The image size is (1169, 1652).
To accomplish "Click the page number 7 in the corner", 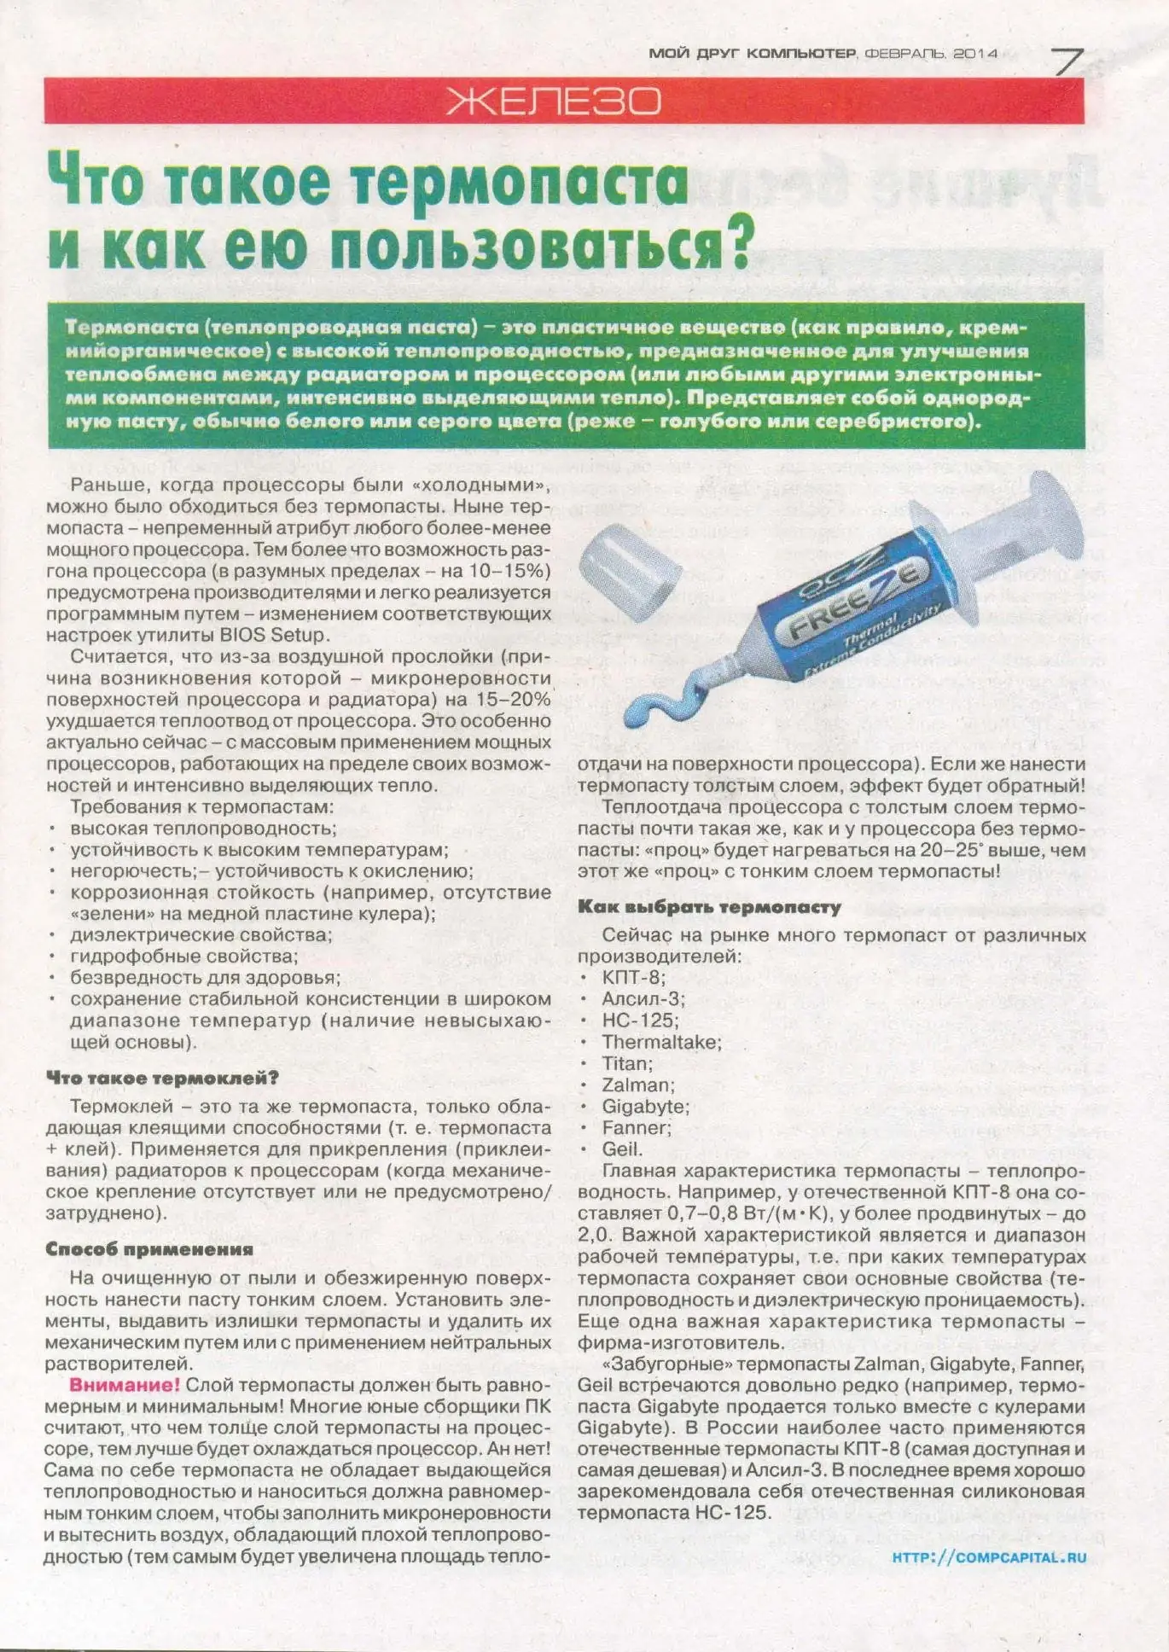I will pos(1067,61).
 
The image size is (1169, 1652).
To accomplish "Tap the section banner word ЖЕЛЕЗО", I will pos(554,102).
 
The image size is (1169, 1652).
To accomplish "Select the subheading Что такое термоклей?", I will pos(162,1078).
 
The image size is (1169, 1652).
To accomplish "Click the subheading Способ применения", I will pos(149,1249).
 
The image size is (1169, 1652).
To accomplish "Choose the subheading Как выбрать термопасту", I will pos(709,907).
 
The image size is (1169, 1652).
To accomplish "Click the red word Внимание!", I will pos(125,1385).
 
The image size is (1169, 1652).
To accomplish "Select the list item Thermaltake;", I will pos(661,1042).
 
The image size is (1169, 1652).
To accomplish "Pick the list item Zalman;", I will pos(638,1085).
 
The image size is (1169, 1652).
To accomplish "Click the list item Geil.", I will pos(622,1149).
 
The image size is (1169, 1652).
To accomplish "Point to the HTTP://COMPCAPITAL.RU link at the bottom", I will pos(989,1556).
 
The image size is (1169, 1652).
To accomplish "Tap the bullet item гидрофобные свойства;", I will pos(184,957).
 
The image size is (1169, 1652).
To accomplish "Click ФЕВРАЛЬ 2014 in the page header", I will pos(931,53).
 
